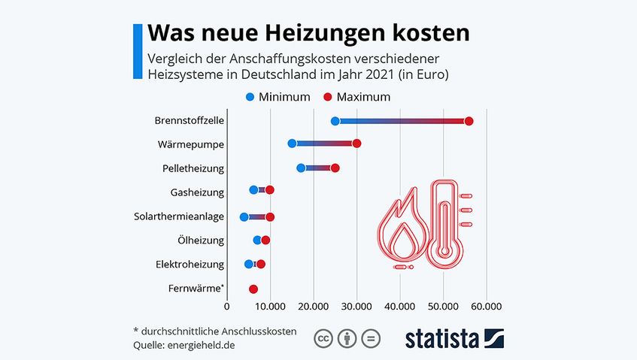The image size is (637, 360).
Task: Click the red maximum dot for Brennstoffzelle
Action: pyautogui.click(x=469, y=122)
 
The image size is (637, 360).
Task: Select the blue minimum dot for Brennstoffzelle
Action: pyautogui.click(x=335, y=121)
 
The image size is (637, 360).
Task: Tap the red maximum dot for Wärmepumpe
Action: pyautogui.click(x=356, y=144)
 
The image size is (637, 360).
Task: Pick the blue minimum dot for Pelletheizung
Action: pyautogui.click(x=301, y=168)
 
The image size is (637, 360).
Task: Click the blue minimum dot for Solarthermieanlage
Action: pyautogui.click(x=244, y=217)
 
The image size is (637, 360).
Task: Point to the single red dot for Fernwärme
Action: pyautogui.click(x=253, y=289)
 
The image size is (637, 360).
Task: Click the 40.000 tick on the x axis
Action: pyautogui.click(x=400, y=307)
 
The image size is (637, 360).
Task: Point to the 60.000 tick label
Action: pyautogui.click(x=487, y=307)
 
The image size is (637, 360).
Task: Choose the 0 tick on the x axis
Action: pyautogui.click(x=226, y=307)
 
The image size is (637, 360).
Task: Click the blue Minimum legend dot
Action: pyautogui.click(x=250, y=97)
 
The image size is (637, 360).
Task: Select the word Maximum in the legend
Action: pyautogui.click(x=363, y=97)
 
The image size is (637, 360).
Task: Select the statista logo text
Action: pyautogui.click(x=442, y=338)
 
